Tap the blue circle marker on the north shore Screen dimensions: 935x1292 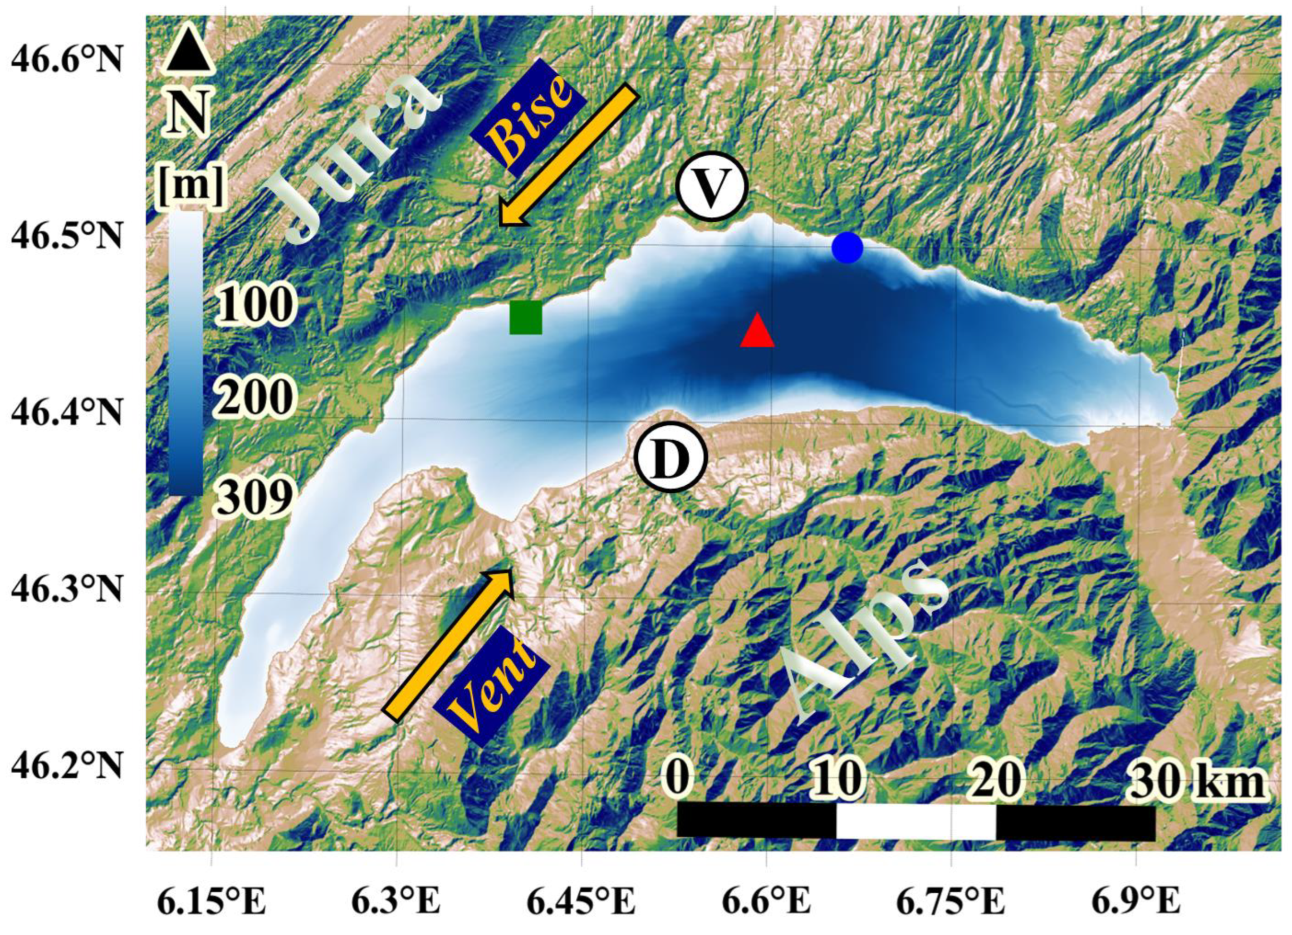(847, 248)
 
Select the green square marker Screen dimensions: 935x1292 (525, 317)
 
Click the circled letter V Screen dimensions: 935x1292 (711, 187)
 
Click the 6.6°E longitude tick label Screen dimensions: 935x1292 (766, 903)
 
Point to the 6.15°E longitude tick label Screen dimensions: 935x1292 (212, 903)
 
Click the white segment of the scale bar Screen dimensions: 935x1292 (915, 821)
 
